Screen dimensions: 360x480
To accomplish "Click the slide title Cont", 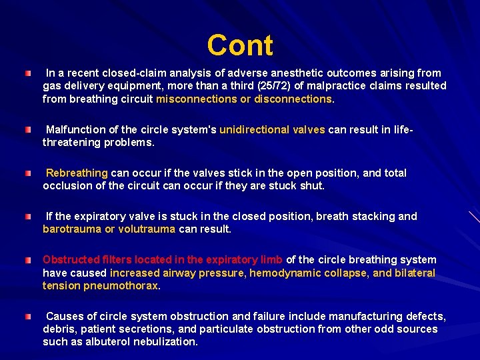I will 240,45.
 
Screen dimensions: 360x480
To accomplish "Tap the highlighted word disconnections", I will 293,99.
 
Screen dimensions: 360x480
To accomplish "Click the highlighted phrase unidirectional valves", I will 272,129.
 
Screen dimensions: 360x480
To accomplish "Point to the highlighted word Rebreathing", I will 77,173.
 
